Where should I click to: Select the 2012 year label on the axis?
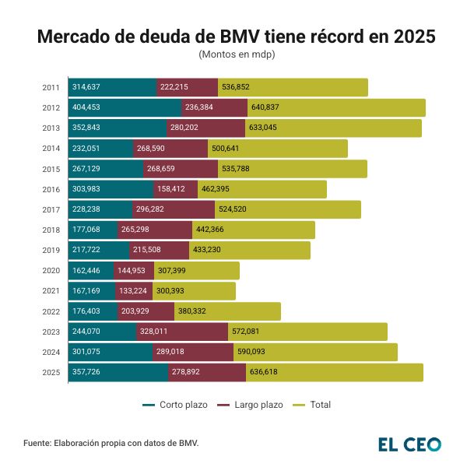pyautogui.click(x=51, y=107)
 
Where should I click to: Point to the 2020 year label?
pyautogui.click(x=51, y=271)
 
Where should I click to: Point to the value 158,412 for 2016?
pyautogui.click(x=173, y=189)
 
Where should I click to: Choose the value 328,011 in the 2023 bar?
pyautogui.click(x=156, y=332)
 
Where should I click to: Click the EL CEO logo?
pyautogui.click(x=409, y=444)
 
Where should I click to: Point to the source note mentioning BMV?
pyautogui.click(x=111, y=443)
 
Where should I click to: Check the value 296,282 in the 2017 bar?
pyautogui.click(x=154, y=209)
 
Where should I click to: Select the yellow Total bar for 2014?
pyautogui.click(x=304, y=149)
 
